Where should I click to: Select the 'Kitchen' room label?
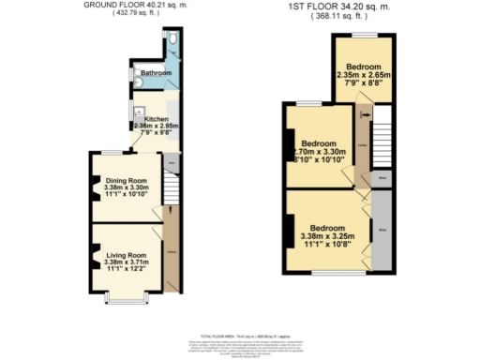(151, 119)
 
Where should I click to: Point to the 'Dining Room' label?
(126, 180)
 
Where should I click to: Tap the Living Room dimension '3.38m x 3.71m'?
(126, 262)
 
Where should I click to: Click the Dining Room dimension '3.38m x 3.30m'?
(126, 187)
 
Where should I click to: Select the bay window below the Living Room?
(125, 297)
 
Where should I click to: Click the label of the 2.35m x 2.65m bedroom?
(363, 67)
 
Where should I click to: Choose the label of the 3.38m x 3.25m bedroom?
(327, 228)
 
